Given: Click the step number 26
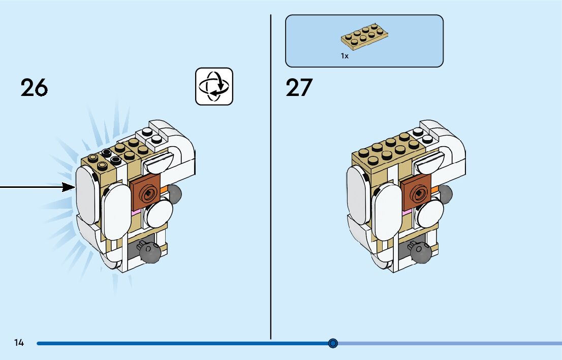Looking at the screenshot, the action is [x=34, y=88].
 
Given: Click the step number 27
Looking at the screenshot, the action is [x=299, y=88].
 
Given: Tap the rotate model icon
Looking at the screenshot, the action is [x=214, y=86].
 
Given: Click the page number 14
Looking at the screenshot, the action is [x=19, y=343].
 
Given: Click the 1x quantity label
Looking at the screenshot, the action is [x=345, y=56].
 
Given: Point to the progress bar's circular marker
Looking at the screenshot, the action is [x=333, y=343].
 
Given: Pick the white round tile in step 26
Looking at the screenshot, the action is [x=159, y=213].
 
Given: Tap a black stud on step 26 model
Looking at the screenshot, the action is [x=107, y=153].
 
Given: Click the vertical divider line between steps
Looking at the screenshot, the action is [x=271, y=178].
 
